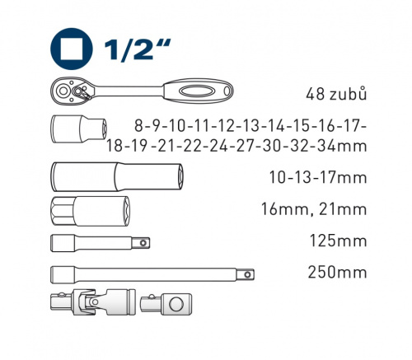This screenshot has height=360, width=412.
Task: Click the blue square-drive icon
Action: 72,49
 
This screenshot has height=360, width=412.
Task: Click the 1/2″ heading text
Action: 137,49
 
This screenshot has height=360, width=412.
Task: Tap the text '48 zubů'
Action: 336,94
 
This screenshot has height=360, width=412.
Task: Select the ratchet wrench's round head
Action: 63,91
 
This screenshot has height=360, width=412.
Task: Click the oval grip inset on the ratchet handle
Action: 195,91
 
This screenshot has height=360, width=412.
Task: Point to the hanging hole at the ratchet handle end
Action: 227,91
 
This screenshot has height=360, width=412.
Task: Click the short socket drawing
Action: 79,129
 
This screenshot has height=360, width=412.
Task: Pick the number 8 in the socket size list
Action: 139,126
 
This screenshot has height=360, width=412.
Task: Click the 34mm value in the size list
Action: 343,146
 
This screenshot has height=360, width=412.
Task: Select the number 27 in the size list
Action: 245,146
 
